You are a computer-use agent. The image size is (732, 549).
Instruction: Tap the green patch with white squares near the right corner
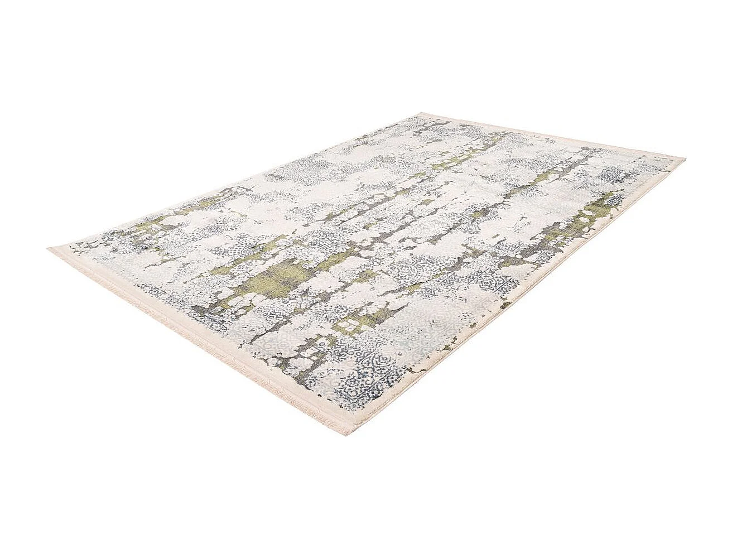pyautogui.click(x=594, y=209)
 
